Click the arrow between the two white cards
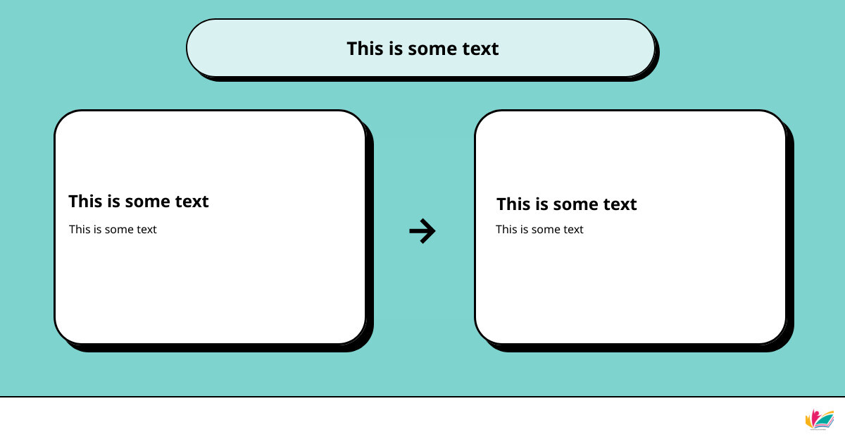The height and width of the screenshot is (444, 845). pyautogui.click(x=422, y=230)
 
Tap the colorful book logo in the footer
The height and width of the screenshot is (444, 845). pyautogui.click(x=820, y=419)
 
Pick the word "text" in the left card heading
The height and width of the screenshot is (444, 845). pyautogui.click(x=192, y=202)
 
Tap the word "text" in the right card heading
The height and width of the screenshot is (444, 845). pyautogui.click(x=620, y=204)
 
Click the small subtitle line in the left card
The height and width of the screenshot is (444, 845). pyautogui.click(x=113, y=229)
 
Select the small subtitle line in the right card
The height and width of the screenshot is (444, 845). pyautogui.click(x=539, y=229)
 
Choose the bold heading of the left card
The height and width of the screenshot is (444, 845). pyautogui.click(x=139, y=202)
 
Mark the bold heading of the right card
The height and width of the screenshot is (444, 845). pyautogui.click(x=567, y=204)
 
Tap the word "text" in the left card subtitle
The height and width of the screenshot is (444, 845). pyautogui.click(x=146, y=229)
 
